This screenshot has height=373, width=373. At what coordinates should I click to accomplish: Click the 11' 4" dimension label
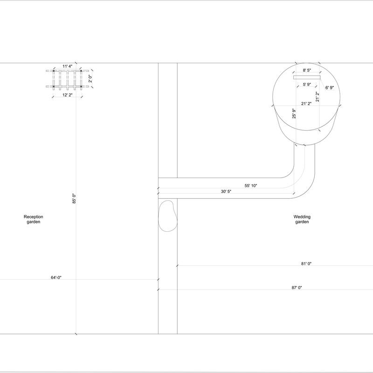point(68,66)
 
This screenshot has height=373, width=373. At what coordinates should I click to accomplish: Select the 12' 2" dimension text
point(68,95)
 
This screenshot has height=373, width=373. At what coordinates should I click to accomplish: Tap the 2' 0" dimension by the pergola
point(90,79)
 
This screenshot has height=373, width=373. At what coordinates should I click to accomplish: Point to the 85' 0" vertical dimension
point(74,199)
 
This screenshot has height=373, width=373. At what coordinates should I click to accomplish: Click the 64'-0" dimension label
point(56,277)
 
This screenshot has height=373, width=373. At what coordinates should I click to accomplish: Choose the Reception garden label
point(33,219)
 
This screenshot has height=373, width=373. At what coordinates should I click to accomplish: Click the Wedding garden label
point(302,219)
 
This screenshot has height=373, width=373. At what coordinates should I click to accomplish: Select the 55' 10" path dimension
point(251,186)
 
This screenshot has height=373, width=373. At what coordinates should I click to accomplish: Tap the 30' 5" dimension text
point(226,191)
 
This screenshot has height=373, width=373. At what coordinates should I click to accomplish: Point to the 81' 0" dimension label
point(306,263)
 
